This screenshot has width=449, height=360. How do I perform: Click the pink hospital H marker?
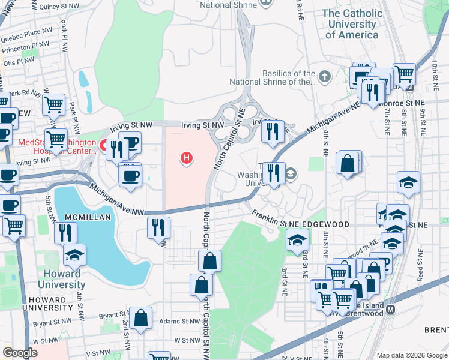[187, 158]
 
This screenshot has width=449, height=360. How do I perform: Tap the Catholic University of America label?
[352, 24]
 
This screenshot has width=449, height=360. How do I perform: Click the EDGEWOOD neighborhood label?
[327, 224]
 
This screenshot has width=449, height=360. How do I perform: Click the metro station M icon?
[391, 310]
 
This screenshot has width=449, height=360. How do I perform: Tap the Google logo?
[20, 353]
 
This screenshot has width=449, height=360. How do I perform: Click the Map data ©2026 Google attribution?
[411, 355]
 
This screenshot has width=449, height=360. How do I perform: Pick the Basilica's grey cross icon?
[325, 76]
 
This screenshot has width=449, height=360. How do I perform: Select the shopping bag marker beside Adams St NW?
[141, 319]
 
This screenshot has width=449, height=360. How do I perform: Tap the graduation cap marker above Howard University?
[74, 256]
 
